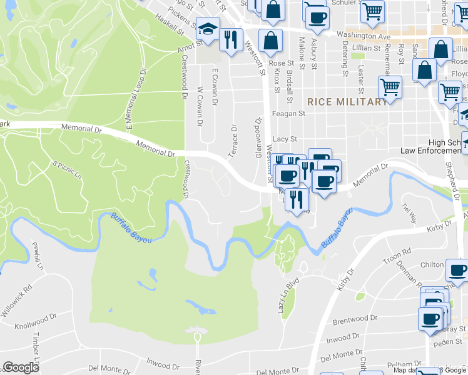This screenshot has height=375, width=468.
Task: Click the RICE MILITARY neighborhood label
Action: click(x=347, y=102)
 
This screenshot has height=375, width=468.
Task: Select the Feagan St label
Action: click(x=288, y=114)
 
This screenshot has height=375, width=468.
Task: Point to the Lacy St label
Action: click(x=284, y=139)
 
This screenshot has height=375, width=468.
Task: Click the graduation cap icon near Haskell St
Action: click(x=207, y=28)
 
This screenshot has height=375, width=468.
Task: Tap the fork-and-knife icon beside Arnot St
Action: click(x=230, y=39)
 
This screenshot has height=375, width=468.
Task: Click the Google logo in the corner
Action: click(x=21, y=367)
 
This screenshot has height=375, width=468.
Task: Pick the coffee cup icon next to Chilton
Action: click(x=457, y=270)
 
